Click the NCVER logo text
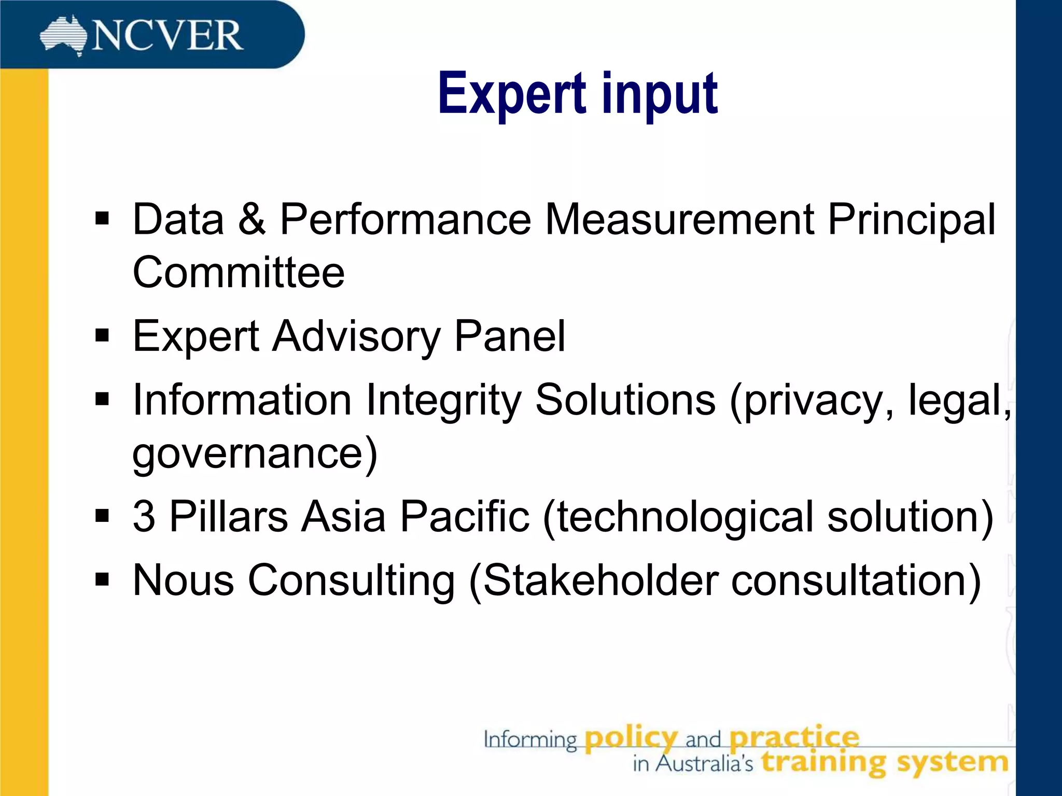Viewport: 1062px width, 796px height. point(167,36)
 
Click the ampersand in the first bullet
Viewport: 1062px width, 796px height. point(252,219)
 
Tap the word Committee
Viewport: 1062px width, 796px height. point(239,273)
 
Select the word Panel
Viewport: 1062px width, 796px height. point(510,336)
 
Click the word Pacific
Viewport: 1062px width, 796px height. point(465,516)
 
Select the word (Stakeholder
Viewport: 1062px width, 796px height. point(594,580)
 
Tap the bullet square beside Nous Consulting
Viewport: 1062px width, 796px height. point(102,579)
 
